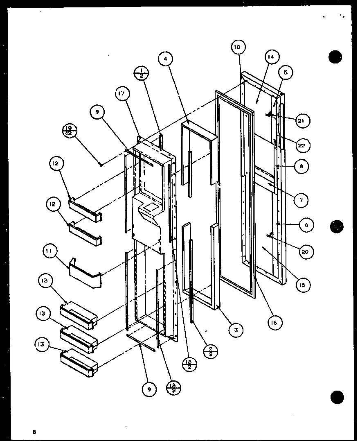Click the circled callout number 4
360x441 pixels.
165,59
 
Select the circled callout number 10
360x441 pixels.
238,47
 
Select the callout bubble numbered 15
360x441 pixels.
301,285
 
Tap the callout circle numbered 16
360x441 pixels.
274,323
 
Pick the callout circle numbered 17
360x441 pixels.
122,95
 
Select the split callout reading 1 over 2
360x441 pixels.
142,73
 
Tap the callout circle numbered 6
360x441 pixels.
306,225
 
